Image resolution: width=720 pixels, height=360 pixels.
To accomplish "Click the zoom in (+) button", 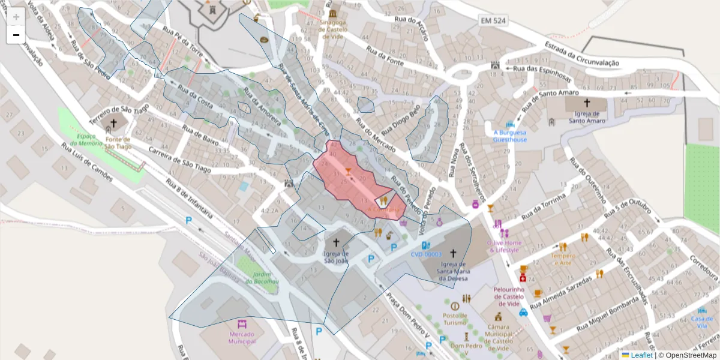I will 16,17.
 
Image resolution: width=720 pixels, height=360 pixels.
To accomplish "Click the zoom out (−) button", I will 16,35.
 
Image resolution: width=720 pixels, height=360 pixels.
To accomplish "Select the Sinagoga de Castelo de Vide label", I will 333,29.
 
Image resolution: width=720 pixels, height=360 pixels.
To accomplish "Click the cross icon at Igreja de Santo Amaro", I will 586,103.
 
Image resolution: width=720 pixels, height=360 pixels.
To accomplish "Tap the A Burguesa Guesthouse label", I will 510,136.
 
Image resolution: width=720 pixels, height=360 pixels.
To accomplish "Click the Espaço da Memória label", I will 90,140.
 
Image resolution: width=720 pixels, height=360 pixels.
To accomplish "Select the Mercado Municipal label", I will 242,338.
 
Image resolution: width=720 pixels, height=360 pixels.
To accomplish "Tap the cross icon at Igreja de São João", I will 336,243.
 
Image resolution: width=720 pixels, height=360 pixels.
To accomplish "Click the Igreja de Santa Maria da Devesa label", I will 453,271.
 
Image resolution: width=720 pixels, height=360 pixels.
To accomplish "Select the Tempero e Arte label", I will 563,260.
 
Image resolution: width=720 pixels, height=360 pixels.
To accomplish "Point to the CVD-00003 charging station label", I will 426,254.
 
